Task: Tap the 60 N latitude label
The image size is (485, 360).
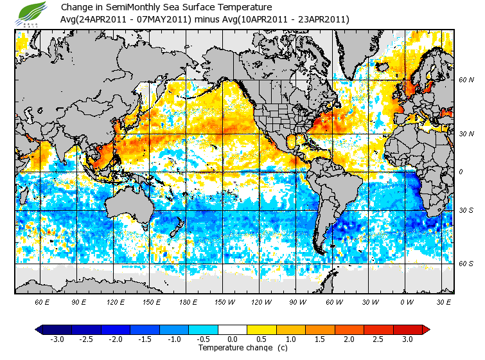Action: [x=466, y=80]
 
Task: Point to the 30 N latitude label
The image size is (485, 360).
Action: [x=466, y=134]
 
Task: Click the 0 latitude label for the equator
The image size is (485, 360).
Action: [x=462, y=172]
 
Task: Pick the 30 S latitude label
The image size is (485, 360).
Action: [x=466, y=211]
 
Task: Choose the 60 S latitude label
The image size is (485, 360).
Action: [x=466, y=264]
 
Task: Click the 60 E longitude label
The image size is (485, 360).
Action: [x=42, y=301]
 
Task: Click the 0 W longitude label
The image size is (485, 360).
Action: [x=407, y=301]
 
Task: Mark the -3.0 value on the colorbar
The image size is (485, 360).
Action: [x=58, y=339]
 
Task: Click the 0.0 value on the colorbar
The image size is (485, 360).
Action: [x=233, y=339]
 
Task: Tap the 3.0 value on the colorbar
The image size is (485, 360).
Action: [x=407, y=339]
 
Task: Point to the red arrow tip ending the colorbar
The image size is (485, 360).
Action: [x=426, y=330]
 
